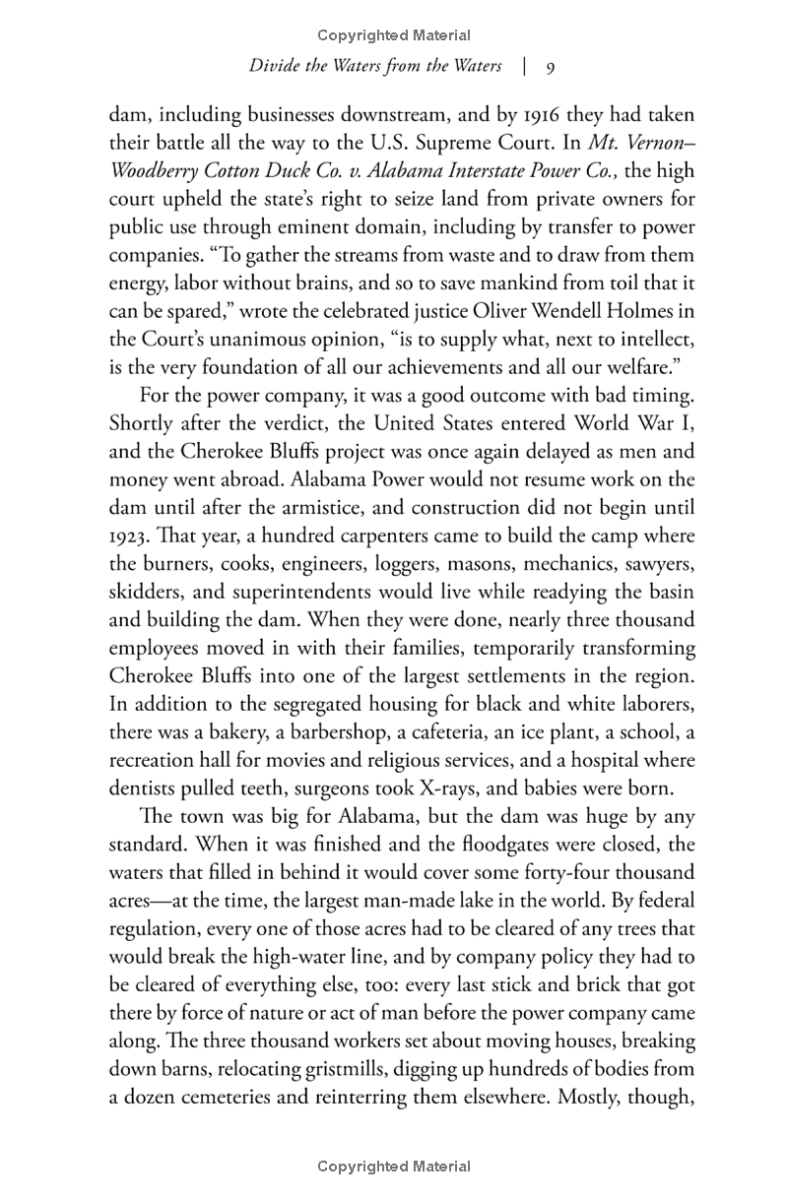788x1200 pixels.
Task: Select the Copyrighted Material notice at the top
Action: pyautogui.click(x=394, y=35)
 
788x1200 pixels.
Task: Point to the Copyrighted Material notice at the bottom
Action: pyautogui.click(x=394, y=1167)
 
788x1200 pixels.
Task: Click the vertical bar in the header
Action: pyautogui.click(x=526, y=67)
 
